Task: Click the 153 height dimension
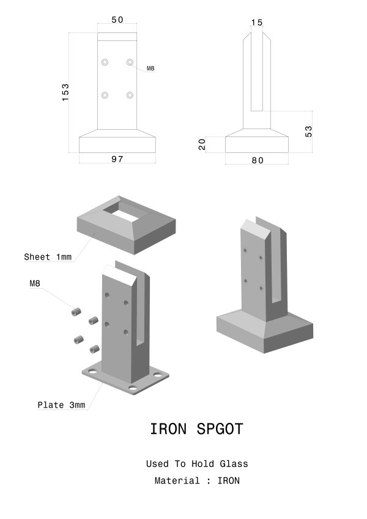pos(65,92)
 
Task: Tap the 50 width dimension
pos(117,20)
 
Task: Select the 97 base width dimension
pos(117,159)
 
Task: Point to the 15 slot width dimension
pos(257,23)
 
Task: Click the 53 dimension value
pos(308,132)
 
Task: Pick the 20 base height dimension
pos(202,144)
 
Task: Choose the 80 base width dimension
pos(258,160)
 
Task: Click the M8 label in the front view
pos(150,69)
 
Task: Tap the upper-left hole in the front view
pos(105,62)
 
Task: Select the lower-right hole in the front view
pos(130,95)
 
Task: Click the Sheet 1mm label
pos(48,257)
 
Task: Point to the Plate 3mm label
pos(61,405)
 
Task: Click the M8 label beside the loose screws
pos(35,283)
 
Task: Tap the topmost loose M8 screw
pos(76,312)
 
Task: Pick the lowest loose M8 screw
pos(94,349)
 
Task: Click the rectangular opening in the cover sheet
pos(122,214)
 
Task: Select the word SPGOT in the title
pos(220,429)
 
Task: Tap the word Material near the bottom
pos(177,480)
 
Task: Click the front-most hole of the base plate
pos(133,388)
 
